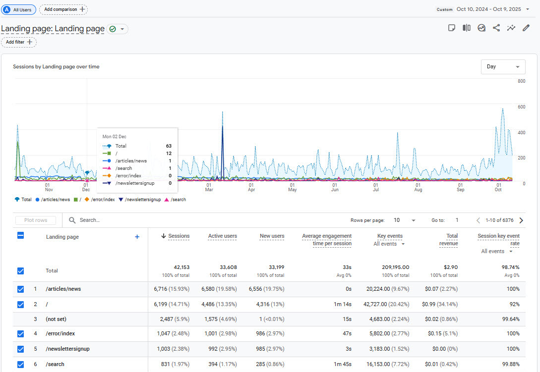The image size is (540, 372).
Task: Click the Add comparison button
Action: (x=63, y=9)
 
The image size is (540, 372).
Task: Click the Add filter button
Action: (x=19, y=42)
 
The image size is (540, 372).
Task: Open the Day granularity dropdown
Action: (x=503, y=66)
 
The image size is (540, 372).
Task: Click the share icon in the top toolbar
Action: (x=496, y=28)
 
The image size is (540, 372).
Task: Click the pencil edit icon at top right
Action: (x=526, y=28)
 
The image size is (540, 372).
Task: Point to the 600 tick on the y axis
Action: (x=521, y=107)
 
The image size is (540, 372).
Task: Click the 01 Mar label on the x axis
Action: (x=209, y=187)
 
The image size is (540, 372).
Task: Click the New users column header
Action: (x=272, y=236)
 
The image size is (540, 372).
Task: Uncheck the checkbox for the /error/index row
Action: (x=20, y=334)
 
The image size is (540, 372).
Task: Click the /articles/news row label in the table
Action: (x=63, y=289)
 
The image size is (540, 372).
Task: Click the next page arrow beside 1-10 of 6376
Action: (x=521, y=220)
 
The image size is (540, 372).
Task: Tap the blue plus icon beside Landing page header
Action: (x=137, y=237)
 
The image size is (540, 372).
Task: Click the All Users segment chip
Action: (x=19, y=9)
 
